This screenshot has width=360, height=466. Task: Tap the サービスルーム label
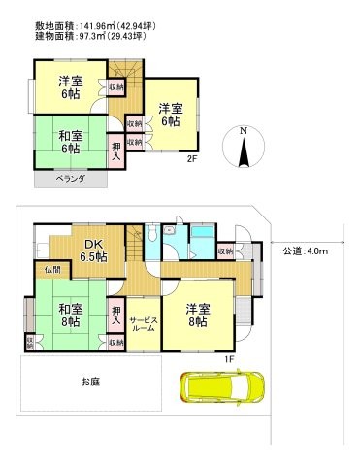click(143, 325)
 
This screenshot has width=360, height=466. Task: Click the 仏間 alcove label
click(51, 268)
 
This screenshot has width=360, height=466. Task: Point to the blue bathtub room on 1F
click(202, 241)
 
